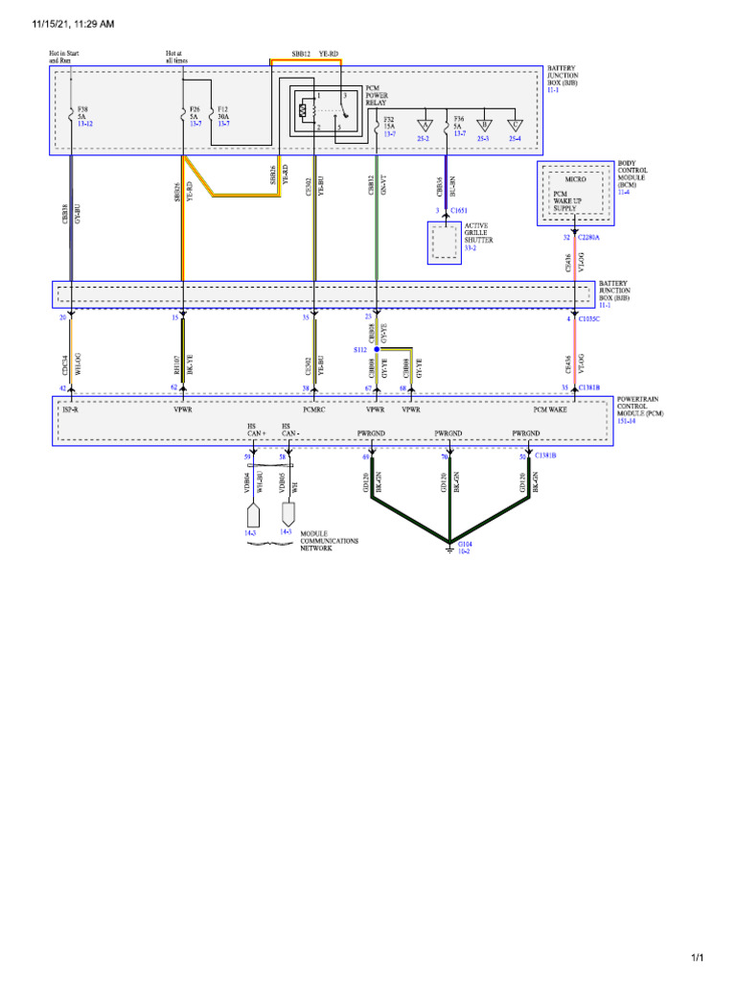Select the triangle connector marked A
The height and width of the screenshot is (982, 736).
[x=425, y=124]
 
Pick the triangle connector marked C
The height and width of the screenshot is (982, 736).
[x=515, y=124]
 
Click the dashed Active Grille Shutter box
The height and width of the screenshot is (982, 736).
[x=444, y=244]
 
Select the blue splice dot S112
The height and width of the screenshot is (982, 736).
[x=378, y=350]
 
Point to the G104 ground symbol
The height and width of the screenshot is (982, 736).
[x=449, y=548]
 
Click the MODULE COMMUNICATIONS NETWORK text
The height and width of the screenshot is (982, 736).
[x=329, y=542]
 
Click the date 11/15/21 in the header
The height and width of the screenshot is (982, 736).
[x=30, y=23]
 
